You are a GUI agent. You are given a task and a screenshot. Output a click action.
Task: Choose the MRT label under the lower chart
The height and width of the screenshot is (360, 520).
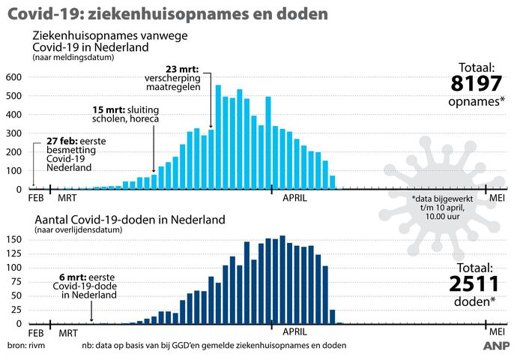(x=70, y=331)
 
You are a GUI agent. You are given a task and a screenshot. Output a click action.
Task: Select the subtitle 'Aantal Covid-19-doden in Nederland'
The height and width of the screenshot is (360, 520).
(x=128, y=220)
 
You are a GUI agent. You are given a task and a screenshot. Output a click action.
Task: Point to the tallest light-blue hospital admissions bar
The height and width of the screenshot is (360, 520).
(x=218, y=136)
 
